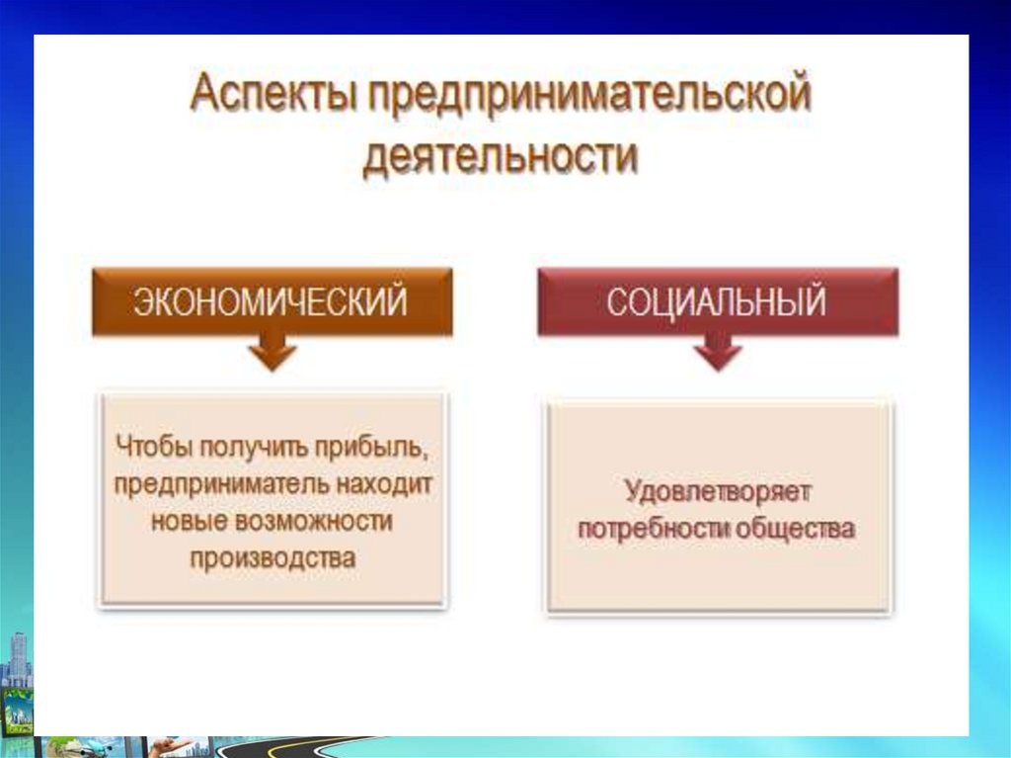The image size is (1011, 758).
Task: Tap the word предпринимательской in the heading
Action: [589, 94]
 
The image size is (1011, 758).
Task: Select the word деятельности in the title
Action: [501, 156]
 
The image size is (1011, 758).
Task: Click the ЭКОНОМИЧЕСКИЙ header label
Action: [271, 300]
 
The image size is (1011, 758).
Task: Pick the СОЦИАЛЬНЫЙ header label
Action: [717, 300]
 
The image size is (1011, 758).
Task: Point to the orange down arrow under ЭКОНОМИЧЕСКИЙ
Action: [272, 353]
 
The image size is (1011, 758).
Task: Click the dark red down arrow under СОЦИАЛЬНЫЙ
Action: [718, 353]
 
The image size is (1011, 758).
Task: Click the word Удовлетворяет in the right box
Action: [717, 492]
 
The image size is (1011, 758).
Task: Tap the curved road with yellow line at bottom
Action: [290, 748]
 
